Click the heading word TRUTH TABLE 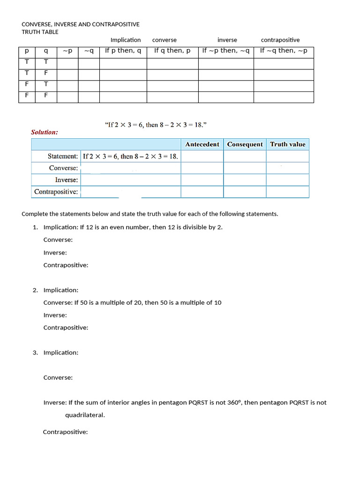[40, 32]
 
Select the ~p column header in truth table [67, 51]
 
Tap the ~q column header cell [89, 51]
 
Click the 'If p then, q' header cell [123, 51]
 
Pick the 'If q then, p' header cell [172, 51]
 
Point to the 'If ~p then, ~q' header [226, 51]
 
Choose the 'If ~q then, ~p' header [284, 51]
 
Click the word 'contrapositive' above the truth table [280, 40]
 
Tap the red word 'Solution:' [45, 132]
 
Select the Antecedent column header [202, 144]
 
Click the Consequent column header [245, 144]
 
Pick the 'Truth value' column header [287, 144]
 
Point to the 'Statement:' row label [63, 156]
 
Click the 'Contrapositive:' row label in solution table [56, 192]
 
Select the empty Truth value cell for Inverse [287, 180]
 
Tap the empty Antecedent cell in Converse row [202, 168]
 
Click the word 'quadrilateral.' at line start [85, 415]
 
